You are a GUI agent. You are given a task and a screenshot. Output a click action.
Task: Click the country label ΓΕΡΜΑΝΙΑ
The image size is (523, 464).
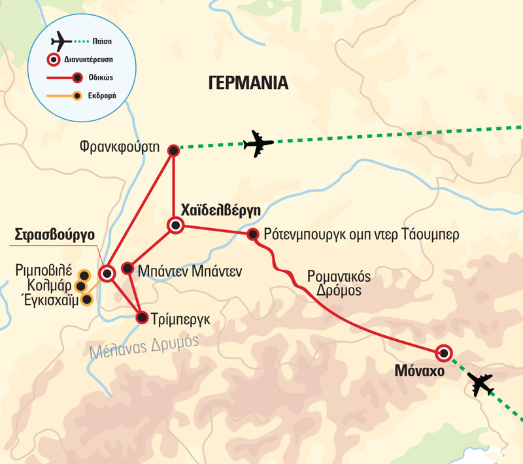click(248, 83)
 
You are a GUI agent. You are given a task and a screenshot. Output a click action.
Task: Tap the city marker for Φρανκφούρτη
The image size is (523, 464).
click(173, 150)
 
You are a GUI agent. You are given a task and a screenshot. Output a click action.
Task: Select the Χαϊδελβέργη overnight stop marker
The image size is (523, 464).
click(176, 226)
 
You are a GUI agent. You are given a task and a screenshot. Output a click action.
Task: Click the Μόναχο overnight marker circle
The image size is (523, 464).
click(444, 354)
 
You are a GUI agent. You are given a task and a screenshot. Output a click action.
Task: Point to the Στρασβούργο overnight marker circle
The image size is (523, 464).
click(107, 274)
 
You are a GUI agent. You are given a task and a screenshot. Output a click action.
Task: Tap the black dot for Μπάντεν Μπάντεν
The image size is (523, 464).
click(127, 269)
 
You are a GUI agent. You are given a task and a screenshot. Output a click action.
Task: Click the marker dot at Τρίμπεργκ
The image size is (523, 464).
click(142, 318)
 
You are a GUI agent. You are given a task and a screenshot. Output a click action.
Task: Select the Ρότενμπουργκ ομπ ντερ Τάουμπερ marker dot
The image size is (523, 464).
click(253, 234)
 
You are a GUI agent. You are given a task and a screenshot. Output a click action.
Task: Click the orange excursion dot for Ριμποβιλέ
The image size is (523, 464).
click(84, 275)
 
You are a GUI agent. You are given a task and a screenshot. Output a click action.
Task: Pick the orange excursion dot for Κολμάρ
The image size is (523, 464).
click(80, 286)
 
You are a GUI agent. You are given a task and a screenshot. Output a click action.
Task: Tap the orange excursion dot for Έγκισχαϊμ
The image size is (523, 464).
click(86, 299)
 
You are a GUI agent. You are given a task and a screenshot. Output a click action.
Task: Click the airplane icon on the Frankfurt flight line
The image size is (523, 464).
click(258, 144)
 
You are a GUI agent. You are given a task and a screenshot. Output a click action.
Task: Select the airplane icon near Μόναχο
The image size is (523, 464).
click(481, 385)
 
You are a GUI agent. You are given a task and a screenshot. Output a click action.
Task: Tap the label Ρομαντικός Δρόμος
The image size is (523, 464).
click(338, 283)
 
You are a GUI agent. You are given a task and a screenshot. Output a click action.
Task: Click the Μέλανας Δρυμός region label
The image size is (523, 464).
click(144, 344)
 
